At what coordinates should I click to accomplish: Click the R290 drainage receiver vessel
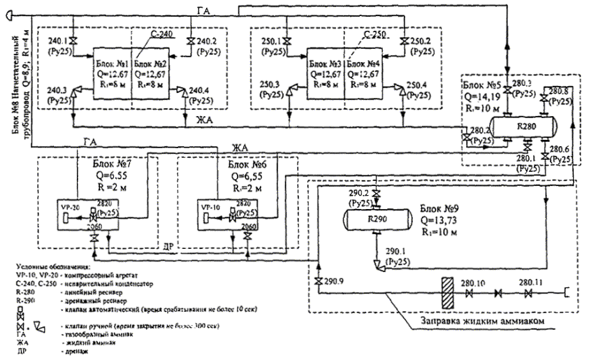[379, 218]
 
